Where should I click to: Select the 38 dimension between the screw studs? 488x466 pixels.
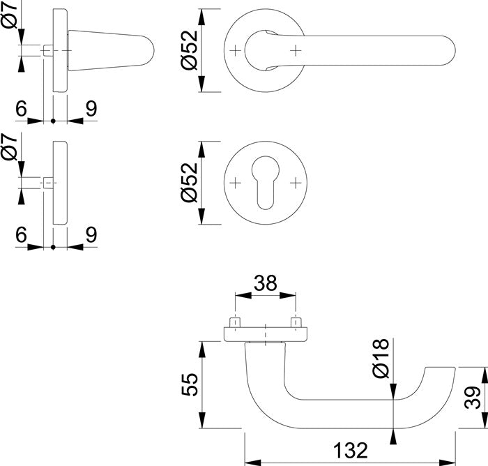266,284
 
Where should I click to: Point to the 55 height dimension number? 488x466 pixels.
190,384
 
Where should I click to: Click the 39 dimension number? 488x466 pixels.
472,398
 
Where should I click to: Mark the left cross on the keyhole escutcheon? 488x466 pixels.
236,183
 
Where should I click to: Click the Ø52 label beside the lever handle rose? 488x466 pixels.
190,50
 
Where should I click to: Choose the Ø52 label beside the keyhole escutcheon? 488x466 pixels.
190,183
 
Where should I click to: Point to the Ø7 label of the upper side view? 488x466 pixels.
10,16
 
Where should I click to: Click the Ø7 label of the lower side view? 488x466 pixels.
10,149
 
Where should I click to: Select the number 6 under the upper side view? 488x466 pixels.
21,108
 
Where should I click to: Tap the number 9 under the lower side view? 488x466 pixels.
91,236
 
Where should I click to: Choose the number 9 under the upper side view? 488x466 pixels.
91,108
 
